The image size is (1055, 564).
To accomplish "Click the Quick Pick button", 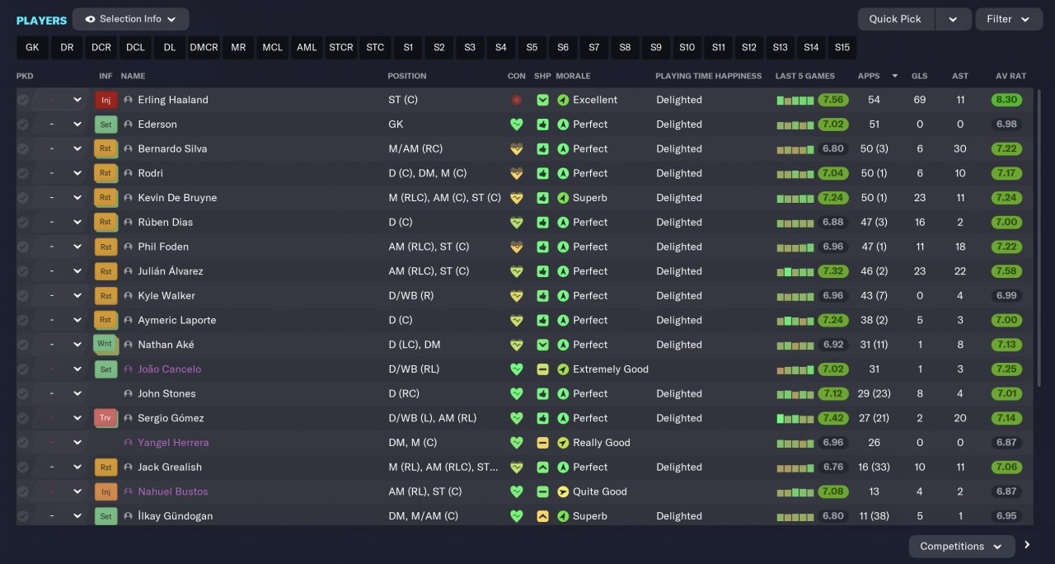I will tap(894, 19).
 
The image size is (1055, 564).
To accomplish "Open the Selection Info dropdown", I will tap(130, 19).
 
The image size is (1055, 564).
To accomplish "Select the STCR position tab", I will tap(340, 48).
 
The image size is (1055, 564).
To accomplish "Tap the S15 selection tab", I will tap(842, 48).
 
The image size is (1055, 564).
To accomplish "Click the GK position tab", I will tap(32, 48).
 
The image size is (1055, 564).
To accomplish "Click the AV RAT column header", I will tap(1010, 76).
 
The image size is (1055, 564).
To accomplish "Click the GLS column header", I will tap(919, 76).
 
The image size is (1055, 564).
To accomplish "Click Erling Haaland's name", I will tap(173, 100).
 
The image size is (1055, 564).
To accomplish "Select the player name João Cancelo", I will tap(169, 369).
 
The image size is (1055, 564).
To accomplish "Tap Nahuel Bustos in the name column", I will tap(172, 491).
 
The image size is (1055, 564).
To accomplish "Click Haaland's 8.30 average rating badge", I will tap(1007, 100).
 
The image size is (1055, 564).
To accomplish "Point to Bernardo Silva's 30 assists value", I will tap(959, 149).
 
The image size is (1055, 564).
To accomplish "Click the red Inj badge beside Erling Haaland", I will tap(105, 100).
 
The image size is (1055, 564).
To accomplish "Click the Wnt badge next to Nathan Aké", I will tap(105, 345).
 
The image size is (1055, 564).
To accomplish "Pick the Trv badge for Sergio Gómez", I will tap(105, 418).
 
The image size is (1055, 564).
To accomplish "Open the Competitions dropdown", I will tap(960, 546).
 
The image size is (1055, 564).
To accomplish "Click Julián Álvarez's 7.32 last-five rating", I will tap(832, 271).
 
